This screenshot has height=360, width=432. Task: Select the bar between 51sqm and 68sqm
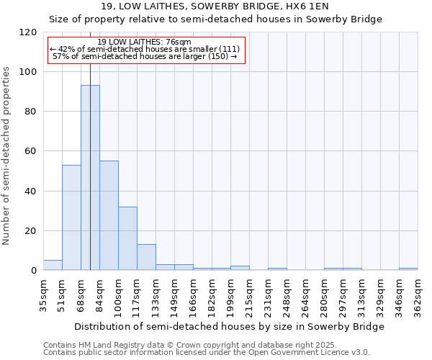coord(71,217)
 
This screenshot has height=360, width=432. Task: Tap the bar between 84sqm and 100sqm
coord(109,215)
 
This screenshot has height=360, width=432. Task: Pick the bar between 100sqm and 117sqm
coord(127,238)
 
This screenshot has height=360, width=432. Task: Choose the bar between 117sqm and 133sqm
coord(146,257)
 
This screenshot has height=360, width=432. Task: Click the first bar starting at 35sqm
coord(53,265)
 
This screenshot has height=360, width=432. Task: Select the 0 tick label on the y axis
coord(34,271)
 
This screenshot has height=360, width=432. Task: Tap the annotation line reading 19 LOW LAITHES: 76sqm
coord(144,42)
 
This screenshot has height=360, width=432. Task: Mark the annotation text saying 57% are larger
coord(145,56)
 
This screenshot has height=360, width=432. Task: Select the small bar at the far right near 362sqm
coord(408,269)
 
